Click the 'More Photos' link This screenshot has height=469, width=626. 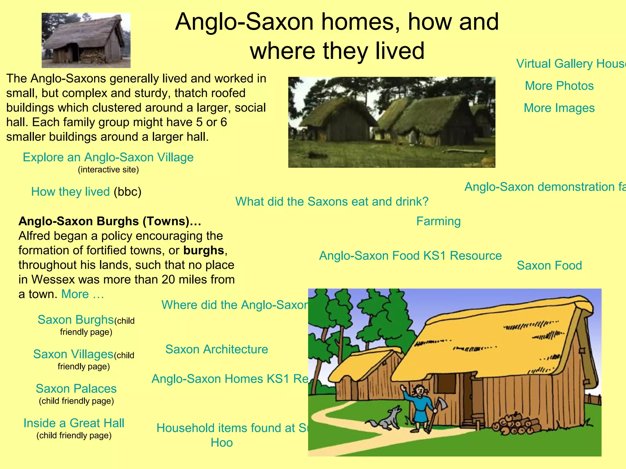click(559, 86)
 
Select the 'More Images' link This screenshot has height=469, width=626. click(559, 108)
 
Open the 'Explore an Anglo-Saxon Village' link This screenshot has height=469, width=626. click(108, 158)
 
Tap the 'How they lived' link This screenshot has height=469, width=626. click(70, 192)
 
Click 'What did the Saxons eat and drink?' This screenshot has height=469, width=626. click(332, 202)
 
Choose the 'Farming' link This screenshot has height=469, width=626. click(438, 221)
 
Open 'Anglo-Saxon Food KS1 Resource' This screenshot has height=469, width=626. click(410, 256)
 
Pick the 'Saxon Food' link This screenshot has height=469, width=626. click(549, 266)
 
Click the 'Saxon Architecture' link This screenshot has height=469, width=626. click(216, 349)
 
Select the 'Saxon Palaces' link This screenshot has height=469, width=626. click(76, 389)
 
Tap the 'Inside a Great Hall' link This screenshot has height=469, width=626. click(74, 423)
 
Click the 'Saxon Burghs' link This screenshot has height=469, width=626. click(75, 320)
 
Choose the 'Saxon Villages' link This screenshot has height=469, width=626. click(73, 354)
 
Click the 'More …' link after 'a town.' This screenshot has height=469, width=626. click(83, 294)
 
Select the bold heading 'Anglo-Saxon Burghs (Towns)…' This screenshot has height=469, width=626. click(110, 221)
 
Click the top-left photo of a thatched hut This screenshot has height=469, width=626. click(86, 40)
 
